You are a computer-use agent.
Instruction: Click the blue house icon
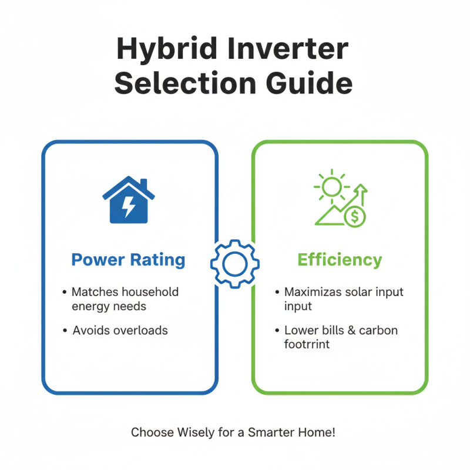129,201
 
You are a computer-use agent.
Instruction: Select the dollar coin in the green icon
355,217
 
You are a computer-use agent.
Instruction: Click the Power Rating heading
128,260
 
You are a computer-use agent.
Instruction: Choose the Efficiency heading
340,260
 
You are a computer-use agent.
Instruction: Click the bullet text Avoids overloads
120,330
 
